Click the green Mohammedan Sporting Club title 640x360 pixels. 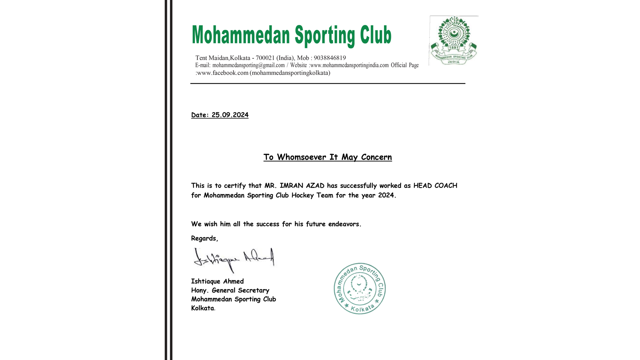click(291, 35)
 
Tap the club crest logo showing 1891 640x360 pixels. click(453, 40)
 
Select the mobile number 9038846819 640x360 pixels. click(330, 58)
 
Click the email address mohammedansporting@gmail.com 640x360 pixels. click(248, 65)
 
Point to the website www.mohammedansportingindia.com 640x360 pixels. click(349, 65)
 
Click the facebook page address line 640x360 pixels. click(263, 73)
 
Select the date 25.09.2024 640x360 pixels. click(230, 115)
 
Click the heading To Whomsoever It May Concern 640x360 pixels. click(327, 157)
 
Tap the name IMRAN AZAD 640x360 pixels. click(302, 186)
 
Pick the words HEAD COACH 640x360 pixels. click(435, 186)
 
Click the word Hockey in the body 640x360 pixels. click(302, 195)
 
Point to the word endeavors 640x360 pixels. click(344, 224)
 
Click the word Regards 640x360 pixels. click(204, 238)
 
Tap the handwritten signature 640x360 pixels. click(234, 260)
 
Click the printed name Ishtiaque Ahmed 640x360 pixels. click(217, 281)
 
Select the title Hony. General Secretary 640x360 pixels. click(230, 290)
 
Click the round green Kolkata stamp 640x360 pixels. click(360, 289)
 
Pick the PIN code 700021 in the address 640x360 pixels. click(265, 58)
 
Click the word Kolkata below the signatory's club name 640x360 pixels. click(202, 308)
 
